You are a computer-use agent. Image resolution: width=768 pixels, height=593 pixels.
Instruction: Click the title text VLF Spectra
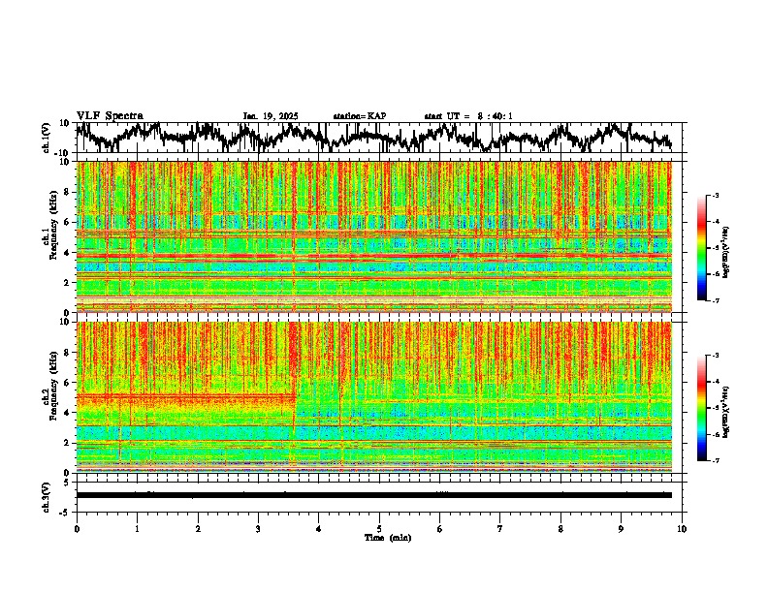110,115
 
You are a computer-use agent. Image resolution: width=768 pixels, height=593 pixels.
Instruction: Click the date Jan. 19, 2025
271,116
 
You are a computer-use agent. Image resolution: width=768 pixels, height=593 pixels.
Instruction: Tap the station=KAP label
360,116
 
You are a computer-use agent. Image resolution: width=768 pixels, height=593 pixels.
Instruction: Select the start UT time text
468,116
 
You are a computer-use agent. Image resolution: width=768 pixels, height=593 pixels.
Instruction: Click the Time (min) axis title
387,537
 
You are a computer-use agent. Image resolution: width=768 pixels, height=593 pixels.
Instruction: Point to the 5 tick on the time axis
379,528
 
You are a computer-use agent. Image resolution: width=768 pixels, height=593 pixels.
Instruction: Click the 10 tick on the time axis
682,528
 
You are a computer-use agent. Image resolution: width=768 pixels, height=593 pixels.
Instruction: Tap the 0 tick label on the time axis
77,528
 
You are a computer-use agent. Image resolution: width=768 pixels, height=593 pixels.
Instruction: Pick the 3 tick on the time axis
258,528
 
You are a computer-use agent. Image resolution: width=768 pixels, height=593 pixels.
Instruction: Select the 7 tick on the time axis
500,528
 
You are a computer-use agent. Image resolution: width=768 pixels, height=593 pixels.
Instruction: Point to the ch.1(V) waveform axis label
47,138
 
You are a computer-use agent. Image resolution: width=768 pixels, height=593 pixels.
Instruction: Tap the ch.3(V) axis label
47,495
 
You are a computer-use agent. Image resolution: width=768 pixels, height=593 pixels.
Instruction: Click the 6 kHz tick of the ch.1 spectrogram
68,222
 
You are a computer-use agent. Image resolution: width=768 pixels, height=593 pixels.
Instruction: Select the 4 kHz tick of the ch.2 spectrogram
68,412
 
